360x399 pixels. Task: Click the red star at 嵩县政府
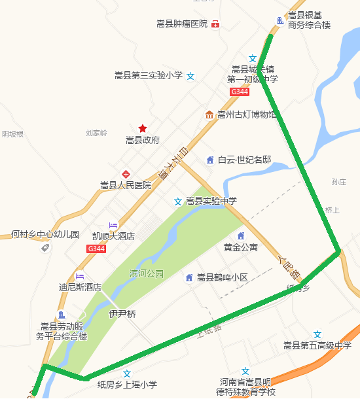143,128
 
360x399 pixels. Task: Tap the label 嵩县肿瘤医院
182,24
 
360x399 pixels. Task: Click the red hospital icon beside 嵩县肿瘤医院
215,24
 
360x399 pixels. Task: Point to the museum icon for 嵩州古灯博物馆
209,115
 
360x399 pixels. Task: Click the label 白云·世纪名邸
244,160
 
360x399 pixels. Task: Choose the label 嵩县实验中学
211,201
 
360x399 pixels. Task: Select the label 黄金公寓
241,247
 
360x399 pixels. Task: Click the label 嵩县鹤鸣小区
223,277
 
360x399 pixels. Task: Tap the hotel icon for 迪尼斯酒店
80,276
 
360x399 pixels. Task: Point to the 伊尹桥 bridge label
122,314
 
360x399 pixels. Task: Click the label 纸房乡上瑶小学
128,385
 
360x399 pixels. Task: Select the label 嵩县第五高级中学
317,345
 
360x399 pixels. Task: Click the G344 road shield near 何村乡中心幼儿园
96,249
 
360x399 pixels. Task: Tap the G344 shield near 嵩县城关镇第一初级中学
240,93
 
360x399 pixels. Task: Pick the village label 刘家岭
96,133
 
